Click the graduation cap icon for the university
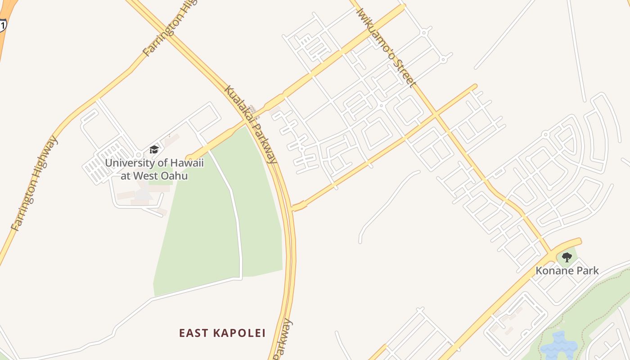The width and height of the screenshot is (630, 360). point(154,149)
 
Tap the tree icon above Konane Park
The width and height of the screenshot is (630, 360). point(567,257)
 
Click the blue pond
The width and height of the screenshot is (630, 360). point(558,346)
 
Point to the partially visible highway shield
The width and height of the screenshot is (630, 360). point(2,25)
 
